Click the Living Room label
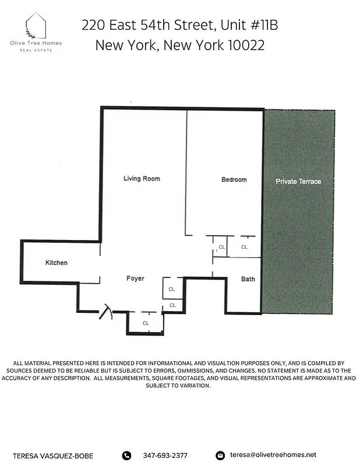(142, 179)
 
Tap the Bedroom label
(234, 179)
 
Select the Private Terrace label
(298, 182)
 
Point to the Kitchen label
(57, 263)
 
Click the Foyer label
(135, 278)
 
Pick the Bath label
(248, 279)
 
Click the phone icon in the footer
(127, 456)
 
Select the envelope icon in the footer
(220, 456)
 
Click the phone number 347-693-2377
(165, 456)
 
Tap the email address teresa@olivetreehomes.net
(273, 455)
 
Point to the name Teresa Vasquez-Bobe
(54, 456)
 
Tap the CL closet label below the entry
(146, 323)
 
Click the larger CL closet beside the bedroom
(244, 248)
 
